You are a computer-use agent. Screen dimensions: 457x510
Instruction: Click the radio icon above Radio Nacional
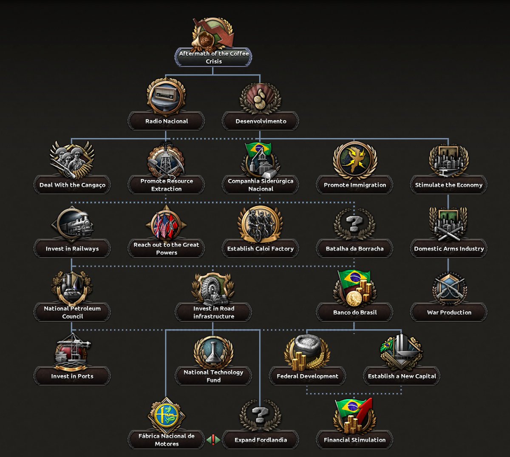click(x=166, y=97)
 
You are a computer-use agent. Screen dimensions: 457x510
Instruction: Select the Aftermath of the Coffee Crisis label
click(x=213, y=57)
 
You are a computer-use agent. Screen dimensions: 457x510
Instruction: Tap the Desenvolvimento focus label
click(x=261, y=121)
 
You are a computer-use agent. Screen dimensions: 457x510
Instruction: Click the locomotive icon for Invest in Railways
click(x=72, y=224)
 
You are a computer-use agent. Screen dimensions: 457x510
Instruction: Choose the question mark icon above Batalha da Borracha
click(x=354, y=224)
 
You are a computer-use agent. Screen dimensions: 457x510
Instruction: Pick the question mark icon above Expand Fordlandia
click(x=260, y=415)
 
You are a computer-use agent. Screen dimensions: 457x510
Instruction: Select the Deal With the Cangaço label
click(x=72, y=185)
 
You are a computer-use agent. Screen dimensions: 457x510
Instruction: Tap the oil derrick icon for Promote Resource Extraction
click(x=166, y=161)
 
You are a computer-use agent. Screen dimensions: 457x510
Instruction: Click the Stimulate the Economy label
click(x=448, y=185)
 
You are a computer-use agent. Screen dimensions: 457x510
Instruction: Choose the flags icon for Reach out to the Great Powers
click(x=166, y=224)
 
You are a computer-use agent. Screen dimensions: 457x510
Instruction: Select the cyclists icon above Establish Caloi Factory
click(x=260, y=224)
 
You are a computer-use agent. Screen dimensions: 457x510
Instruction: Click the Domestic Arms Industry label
click(x=448, y=249)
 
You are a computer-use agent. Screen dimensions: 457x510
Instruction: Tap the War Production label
click(x=449, y=312)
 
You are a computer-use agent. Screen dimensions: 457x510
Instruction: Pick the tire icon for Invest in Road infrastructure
click(x=213, y=288)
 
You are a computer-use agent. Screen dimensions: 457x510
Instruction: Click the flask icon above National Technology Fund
click(x=213, y=352)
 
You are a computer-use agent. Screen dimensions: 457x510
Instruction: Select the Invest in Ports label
click(x=72, y=376)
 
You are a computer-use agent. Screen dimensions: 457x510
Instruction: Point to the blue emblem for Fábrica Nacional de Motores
click(x=166, y=416)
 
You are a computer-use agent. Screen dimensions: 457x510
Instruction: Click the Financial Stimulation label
click(x=354, y=440)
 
